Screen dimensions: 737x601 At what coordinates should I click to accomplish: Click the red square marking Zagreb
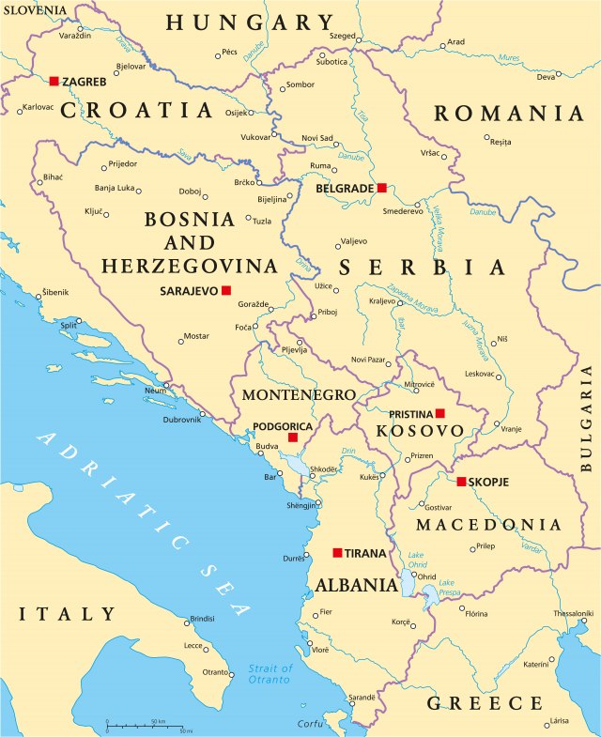[x=54, y=82]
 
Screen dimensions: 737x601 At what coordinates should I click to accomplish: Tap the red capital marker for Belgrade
[x=381, y=188]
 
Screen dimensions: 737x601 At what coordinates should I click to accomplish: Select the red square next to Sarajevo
[x=225, y=291]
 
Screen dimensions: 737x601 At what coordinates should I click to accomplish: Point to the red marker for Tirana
[x=337, y=553]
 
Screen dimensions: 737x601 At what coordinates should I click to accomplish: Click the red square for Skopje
[x=461, y=482]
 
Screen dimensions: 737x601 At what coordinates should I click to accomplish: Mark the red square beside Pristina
[x=439, y=413]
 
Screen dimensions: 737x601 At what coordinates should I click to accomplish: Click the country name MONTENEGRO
[x=299, y=394]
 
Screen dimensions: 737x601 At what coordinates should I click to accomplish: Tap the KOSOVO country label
[x=420, y=431]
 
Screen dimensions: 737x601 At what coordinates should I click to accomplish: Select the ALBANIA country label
[x=356, y=585]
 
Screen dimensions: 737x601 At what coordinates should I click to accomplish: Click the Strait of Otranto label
[x=270, y=673]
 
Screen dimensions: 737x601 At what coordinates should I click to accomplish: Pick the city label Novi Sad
[x=317, y=138]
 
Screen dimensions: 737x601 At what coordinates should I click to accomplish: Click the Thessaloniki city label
[x=573, y=613]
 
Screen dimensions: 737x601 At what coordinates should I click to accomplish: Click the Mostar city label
[x=195, y=335]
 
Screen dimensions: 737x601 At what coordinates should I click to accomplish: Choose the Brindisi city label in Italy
[x=202, y=619]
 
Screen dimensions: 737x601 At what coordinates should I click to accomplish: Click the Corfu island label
[x=310, y=723]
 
